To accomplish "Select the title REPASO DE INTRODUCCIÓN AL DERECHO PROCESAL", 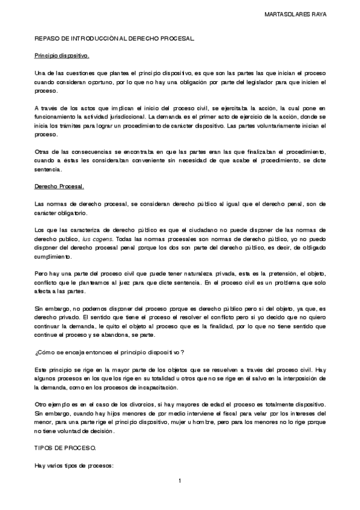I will (115, 38).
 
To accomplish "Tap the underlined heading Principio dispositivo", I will (61, 55).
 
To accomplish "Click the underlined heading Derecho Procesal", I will (59, 187).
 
